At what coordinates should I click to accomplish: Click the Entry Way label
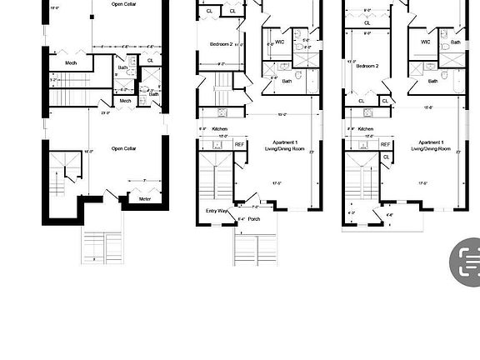pyautogui.click(x=217, y=210)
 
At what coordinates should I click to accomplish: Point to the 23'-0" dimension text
pyautogui.click(x=106, y=112)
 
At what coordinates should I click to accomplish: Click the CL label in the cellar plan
pyautogui.click(x=150, y=60)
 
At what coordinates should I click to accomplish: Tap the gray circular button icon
pyautogui.click(x=465, y=262)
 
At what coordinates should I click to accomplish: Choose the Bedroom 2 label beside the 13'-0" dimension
pyautogui.click(x=367, y=66)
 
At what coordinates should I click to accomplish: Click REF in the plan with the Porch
pyautogui.click(x=239, y=144)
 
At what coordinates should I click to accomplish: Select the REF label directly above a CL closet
pyautogui.click(x=386, y=144)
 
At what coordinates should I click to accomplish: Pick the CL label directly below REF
pyautogui.click(x=386, y=157)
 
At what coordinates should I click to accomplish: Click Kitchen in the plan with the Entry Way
pyautogui.click(x=220, y=129)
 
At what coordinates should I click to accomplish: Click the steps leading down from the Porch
pyautogui.click(x=255, y=247)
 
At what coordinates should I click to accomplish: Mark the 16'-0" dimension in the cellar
pyautogui.click(x=63, y=151)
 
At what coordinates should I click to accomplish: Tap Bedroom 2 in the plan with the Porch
pyautogui.click(x=221, y=43)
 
